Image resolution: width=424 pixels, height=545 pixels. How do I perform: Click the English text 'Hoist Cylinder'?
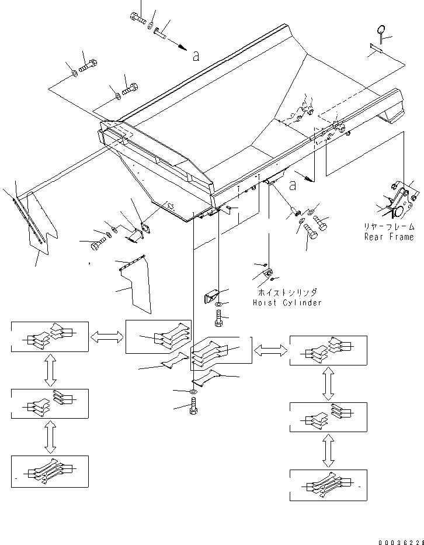click(x=287, y=303)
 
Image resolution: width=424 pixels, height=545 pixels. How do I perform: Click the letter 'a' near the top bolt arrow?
click(x=196, y=56)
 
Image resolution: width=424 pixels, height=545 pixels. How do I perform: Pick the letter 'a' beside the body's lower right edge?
click(x=292, y=185)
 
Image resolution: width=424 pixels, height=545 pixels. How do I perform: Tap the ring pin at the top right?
click(x=381, y=32)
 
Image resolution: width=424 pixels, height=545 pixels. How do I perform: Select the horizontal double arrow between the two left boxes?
click(x=107, y=336)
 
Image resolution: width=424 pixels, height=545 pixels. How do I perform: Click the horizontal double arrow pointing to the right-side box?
click(x=270, y=350)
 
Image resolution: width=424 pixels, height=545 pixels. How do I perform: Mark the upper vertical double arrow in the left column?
click(x=50, y=370)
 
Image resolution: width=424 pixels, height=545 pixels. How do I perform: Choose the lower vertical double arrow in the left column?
click(x=50, y=437)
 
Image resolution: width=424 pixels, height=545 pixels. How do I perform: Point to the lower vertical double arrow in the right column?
click(x=328, y=452)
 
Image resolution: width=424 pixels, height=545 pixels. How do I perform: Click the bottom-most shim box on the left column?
click(x=50, y=471)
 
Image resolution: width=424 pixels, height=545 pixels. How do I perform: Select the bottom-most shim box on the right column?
click(x=328, y=485)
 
